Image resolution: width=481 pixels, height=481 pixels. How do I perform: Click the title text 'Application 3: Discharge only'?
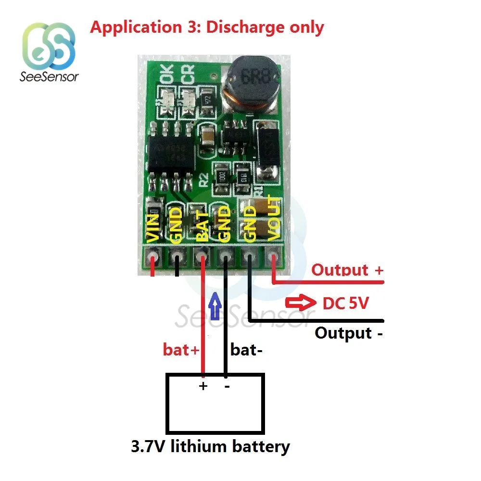coord(207,27)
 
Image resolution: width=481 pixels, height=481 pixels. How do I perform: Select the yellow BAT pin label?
coord(203,226)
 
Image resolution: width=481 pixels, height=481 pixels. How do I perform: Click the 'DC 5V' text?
coord(345,304)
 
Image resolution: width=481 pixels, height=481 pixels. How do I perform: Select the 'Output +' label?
coord(347,270)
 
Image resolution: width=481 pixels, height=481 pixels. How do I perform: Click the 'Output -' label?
coord(349,333)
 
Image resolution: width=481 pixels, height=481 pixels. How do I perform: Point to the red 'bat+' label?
coord(181,350)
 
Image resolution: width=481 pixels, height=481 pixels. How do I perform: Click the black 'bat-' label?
coord(246,350)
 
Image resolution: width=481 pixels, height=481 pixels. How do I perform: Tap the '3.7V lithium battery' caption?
coord(210,446)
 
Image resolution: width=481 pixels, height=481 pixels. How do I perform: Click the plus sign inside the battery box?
coord(203,386)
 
